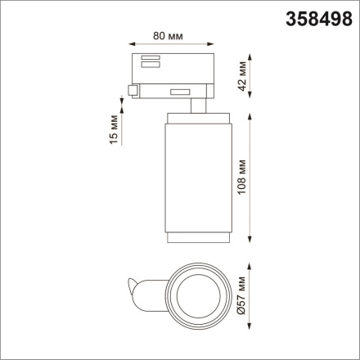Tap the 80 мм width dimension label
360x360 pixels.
pyautogui.click(x=170, y=35)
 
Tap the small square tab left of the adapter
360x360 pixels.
pyautogui.click(x=133, y=90)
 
